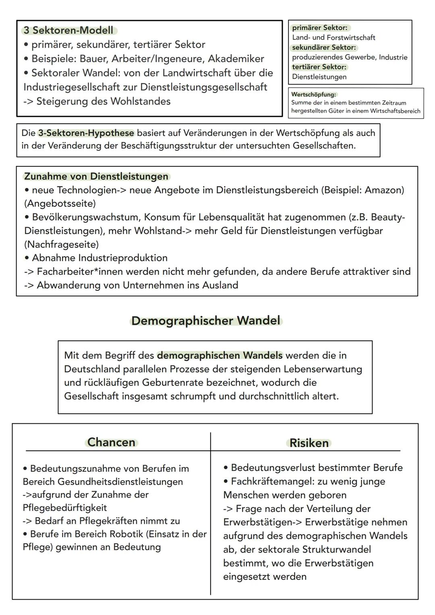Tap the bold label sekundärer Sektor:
(324, 48)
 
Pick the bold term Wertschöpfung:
(313, 95)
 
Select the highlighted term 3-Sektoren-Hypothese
(86, 133)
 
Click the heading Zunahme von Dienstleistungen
(96, 176)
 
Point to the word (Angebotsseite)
(60, 203)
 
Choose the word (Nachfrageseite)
(62, 244)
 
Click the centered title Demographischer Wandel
(206, 321)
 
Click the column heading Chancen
(111, 442)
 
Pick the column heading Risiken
(309, 443)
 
